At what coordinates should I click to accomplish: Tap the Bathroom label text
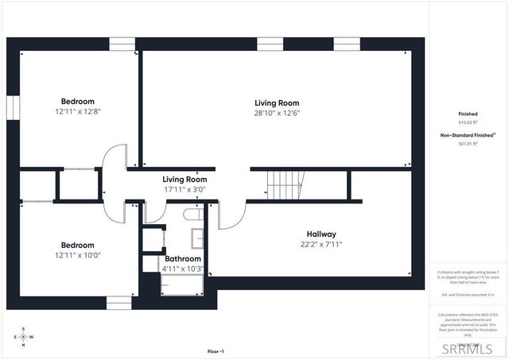[183, 259]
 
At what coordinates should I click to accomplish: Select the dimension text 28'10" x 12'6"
[277, 113]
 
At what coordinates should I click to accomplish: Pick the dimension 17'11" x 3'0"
[185, 190]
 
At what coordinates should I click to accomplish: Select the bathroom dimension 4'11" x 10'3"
[183, 269]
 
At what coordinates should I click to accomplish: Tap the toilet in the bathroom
[192, 214]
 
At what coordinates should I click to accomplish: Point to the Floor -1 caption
[216, 351]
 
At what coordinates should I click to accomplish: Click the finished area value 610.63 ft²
[468, 123]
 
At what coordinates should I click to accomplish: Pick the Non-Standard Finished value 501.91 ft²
[468, 144]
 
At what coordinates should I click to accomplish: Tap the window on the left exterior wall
[13, 107]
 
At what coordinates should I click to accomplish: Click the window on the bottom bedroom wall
[119, 302]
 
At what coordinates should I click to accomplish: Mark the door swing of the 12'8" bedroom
[115, 156]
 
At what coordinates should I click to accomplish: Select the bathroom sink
[196, 238]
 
